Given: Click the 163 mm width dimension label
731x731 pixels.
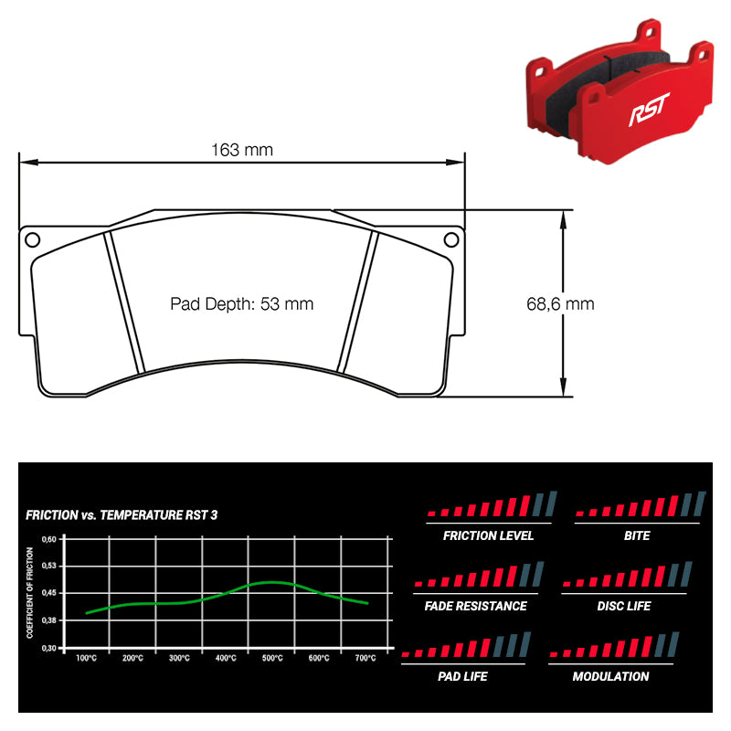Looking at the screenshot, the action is [242, 150].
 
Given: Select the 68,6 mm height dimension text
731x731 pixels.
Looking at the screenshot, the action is [560, 304].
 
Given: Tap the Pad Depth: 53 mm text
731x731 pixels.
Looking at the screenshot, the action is [241, 304].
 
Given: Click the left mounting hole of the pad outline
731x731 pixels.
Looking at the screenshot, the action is [32, 240].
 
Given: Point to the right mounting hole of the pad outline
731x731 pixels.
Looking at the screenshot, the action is [451, 240].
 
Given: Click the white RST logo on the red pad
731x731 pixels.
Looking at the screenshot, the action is [649, 109].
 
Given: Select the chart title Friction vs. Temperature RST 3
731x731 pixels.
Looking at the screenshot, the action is [122, 515].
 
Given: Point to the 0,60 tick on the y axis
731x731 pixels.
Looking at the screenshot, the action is [49, 539].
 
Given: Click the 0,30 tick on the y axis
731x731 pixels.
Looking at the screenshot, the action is [49, 648].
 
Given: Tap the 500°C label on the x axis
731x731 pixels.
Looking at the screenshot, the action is [272, 658].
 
